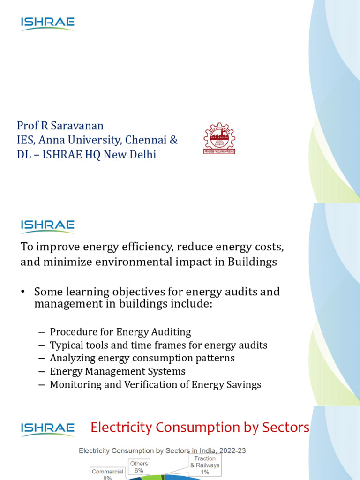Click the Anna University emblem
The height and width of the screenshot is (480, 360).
point(219,139)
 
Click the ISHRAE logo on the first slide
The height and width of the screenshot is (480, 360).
point(47,23)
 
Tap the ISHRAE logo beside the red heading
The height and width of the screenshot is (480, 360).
point(47,428)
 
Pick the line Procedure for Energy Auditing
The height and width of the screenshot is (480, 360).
point(120,332)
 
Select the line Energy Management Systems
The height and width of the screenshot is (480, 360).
point(117,371)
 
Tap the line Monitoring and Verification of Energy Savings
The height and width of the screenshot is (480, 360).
point(155,384)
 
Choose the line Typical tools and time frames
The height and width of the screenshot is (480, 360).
point(158,345)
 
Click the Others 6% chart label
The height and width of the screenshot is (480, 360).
point(139,467)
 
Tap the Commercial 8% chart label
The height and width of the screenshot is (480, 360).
point(107,474)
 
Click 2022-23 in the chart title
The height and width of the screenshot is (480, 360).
point(231,451)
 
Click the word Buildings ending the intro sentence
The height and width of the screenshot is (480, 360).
point(252,262)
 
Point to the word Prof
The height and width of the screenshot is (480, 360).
point(27,126)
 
